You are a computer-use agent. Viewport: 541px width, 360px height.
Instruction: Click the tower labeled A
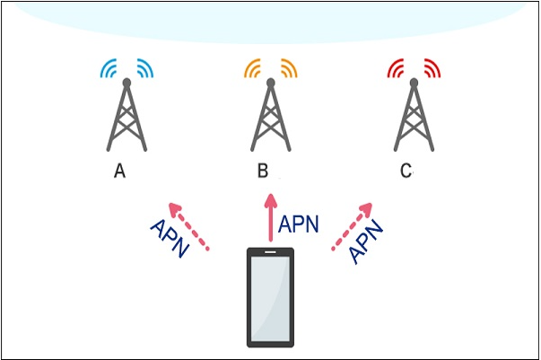(127, 117)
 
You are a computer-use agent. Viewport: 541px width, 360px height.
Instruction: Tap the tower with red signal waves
(414, 117)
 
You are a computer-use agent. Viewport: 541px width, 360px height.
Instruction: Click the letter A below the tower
(119, 171)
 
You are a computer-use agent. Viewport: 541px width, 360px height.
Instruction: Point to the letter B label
(263, 171)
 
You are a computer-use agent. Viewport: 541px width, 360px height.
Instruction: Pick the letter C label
(406, 171)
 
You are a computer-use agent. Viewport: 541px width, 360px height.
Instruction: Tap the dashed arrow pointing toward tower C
(352, 226)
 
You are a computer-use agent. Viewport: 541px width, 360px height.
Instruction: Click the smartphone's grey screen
(270, 297)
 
